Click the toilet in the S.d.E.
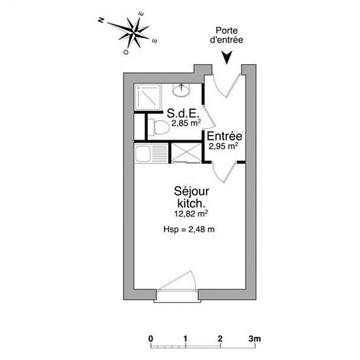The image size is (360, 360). [159, 127]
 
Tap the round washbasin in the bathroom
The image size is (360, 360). [181, 90]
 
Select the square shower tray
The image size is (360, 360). [148, 97]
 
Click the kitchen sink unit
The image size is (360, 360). [151, 153]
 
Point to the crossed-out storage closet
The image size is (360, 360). [187, 153]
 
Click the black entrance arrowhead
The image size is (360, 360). [227, 58]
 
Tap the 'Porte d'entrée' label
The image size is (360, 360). [226, 35]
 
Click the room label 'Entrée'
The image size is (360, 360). [225, 136]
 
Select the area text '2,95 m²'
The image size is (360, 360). [223, 146]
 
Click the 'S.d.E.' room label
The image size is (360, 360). [182, 113]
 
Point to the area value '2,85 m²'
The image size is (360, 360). [186, 123]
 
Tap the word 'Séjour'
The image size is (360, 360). [192, 192]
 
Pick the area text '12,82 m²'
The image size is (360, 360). [191, 214]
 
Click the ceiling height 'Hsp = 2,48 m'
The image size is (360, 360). [189, 229]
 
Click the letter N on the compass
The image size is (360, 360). [101, 20]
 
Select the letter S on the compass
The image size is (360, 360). [155, 41]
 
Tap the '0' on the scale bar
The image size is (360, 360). [151, 338]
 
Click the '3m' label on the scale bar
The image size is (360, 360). [255, 338]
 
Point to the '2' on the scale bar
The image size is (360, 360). [220, 338]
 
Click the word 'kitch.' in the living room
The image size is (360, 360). [191, 203]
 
